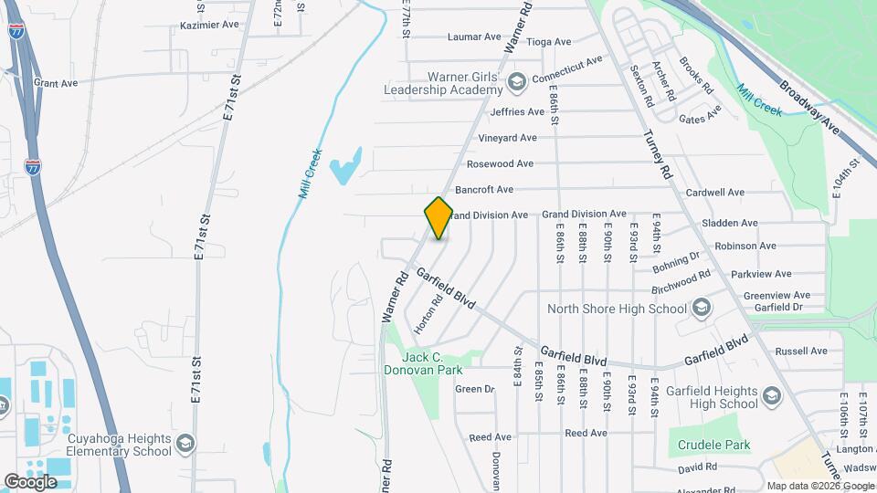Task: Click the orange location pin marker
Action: click(x=438, y=217)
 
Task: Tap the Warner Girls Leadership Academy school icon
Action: click(x=517, y=83)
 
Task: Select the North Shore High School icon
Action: click(x=702, y=308)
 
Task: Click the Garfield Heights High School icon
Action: click(x=773, y=396)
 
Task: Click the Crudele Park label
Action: click(x=713, y=446)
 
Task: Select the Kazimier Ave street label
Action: click(x=207, y=26)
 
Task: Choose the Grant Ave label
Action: click(x=56, y=83)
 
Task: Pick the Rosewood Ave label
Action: click(x=500, y=164)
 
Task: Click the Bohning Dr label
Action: click(x=676, y=263)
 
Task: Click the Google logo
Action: click(x=31, y=481)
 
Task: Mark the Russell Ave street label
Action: click(x=800, y=351)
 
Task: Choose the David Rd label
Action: click(x=698, y=467)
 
